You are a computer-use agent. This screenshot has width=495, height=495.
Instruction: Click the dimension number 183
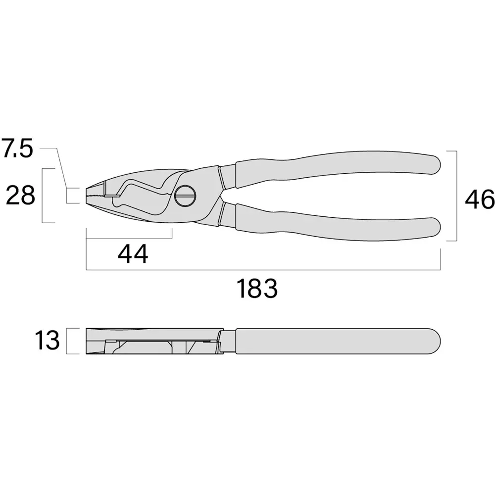pyautogui.click(x=256, y=289)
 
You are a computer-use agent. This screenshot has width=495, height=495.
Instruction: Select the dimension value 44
pyautogui.click(x=133, y=254)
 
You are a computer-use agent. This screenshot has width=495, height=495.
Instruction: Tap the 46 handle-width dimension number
pyautogui.click(x=479, y=200)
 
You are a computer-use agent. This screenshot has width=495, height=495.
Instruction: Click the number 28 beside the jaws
pyautogui.click(x=20, y=196)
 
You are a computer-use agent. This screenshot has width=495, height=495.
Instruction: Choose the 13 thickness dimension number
pyautogui.click(x=47, y=341)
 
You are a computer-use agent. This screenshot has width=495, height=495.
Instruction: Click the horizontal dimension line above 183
pyautogui.click(x=262, y=270)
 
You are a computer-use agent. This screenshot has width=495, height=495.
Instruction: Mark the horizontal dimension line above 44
pyautogui.click(x=129, y=239)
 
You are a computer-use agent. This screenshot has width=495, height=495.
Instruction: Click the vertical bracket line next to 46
pyautogui.click(x=456, y=198)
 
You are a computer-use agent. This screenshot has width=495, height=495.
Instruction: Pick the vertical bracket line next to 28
pyautogui.click(x=43, y=196)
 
